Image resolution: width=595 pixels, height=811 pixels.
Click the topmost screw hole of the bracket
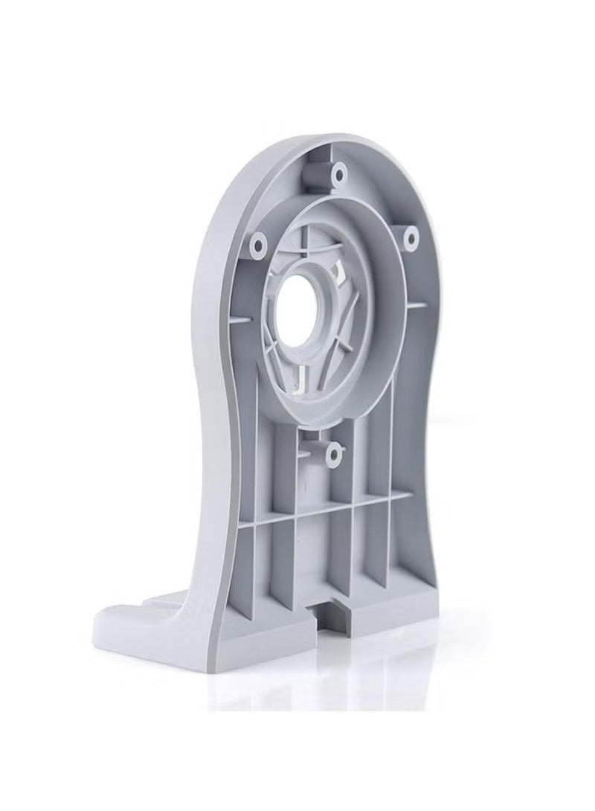point(340,175)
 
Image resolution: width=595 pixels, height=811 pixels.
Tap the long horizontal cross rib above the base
point(327,510)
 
